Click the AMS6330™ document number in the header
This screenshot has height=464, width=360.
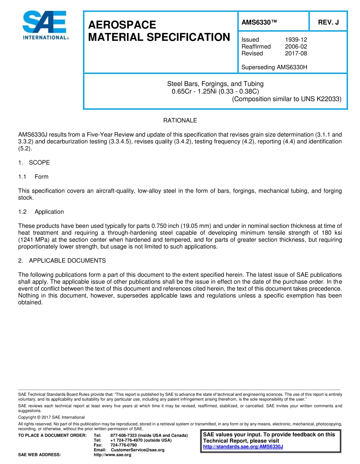[x=259, y=22]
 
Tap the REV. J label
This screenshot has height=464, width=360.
[x=328, y=22]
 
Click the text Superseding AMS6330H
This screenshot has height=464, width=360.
[x=274, y=67]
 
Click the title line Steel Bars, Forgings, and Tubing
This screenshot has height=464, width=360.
[x=215, y=84]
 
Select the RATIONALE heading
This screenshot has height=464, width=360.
[x=180, y=121]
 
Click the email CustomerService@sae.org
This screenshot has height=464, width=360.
[x=138, y=450]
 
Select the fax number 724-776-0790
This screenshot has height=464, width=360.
[x=124, y=445]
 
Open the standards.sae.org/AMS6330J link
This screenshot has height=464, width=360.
[x=243, y=447]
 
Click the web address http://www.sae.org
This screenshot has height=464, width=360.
[x=112, y=455]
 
